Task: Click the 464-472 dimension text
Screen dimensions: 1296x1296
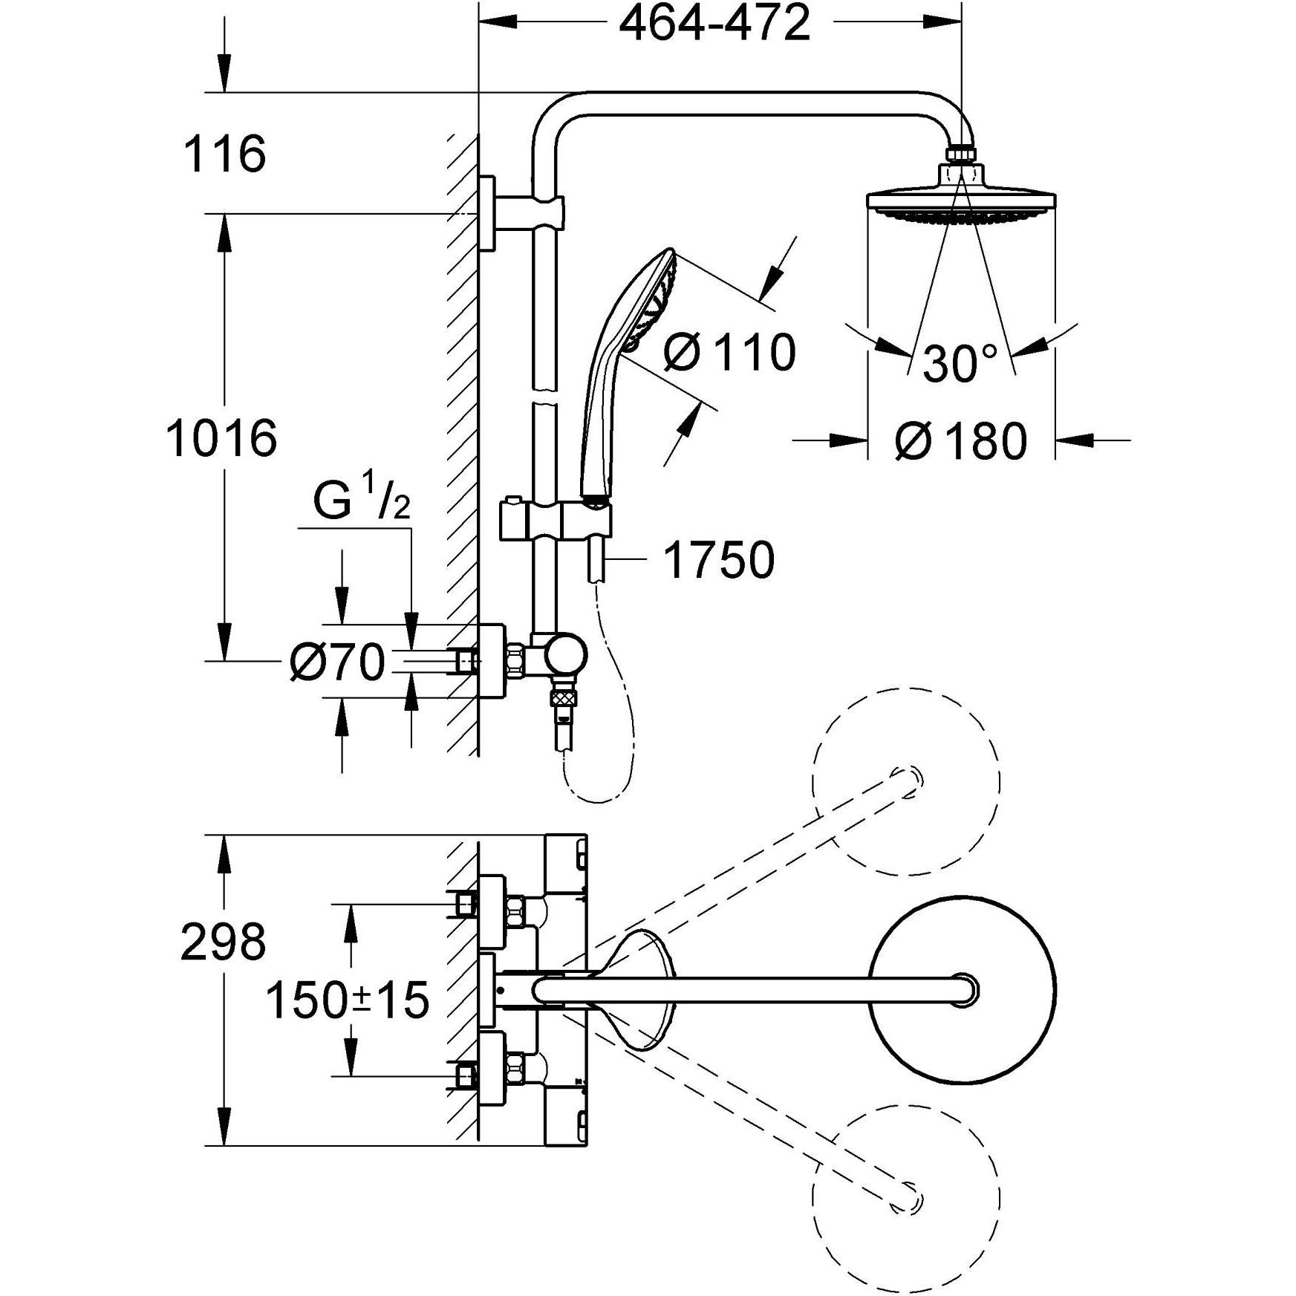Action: pos(714,25)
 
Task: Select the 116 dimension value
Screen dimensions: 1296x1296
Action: pos(224,154)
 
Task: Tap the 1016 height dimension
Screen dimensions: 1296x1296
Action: pos(221,438)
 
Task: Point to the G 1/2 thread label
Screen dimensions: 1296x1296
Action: pos(361,502)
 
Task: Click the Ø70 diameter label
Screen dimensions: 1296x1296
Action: pos(338,662)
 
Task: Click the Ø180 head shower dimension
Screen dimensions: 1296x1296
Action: pos(961,442)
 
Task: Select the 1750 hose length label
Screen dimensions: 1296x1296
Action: pos(718,560)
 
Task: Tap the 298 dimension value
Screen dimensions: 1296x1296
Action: pos(223,942)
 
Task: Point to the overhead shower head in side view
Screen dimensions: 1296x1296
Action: pos(961,203)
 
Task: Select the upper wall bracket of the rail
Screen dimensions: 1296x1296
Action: pos(488,214)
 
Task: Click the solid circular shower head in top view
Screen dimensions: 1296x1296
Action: pos(961,991)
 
